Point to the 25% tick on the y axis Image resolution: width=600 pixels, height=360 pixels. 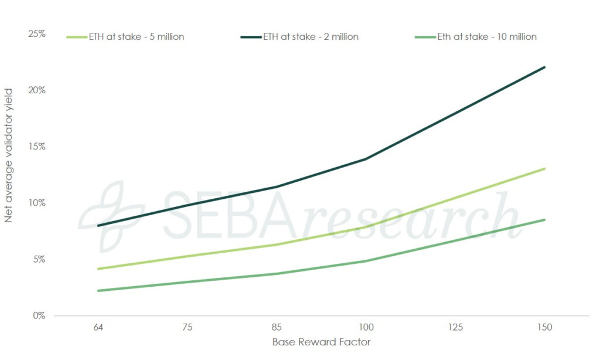[x=37, y=34]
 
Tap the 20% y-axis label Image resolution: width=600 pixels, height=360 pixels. [x=37, y=90]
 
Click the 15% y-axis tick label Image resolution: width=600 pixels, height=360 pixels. [x=37, y=147]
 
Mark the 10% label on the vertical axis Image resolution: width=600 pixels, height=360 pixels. [x=37, y=203]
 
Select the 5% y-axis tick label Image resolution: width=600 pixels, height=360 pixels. [x=39, y=259]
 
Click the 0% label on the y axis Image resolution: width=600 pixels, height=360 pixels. [x=39, y=315]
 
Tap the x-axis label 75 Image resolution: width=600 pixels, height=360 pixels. [x=186, y=327]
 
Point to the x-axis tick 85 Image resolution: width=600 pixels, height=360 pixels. [x=276, y=327]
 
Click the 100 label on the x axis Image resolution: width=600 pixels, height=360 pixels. [x=366, y=327]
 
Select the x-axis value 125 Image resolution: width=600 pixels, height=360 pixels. [x=455, y=327]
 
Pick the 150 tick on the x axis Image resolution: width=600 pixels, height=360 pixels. [x=545, y=327]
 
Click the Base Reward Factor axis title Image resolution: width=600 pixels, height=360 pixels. [x=321, y=342]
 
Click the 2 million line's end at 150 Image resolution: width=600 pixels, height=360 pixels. [x=545, y=67]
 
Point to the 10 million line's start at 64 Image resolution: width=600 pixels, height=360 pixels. [x=97, y=291]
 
